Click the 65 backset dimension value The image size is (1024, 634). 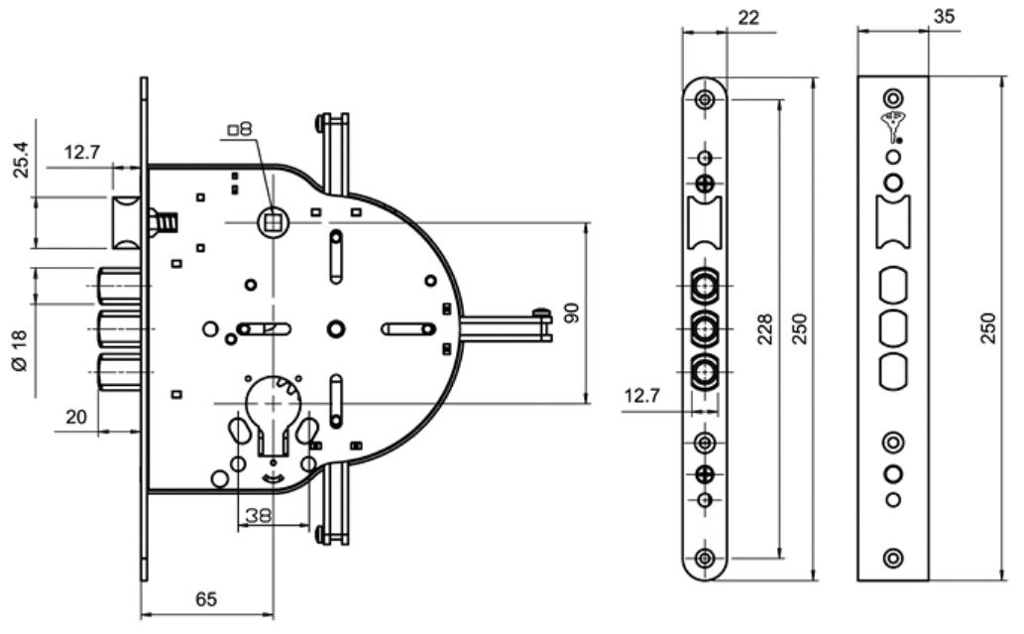[206, 598]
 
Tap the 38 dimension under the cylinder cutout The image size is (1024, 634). [258, 516]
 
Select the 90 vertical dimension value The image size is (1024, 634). [571, 314]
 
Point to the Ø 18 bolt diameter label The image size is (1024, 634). [20, 350]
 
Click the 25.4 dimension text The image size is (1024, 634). [21, 160]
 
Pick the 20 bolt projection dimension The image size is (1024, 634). [76, 417]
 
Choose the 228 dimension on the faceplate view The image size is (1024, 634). [764, 328]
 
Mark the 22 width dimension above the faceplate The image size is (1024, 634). [748, 18]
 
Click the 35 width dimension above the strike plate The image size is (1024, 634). [944, 16]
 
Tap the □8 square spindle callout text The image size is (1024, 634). [240, 129]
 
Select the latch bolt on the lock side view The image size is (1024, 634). [127, 222]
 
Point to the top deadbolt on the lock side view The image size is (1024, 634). [120, 286]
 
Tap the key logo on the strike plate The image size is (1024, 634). [892, 127]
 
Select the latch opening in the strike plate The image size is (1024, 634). [893, 221]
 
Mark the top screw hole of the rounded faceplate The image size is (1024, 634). [705, 99]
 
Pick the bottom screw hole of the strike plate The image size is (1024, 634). [893, 559]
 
